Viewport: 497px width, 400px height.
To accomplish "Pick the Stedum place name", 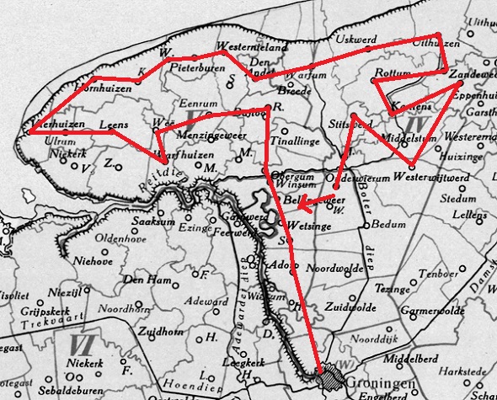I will [x=463, y=200].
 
